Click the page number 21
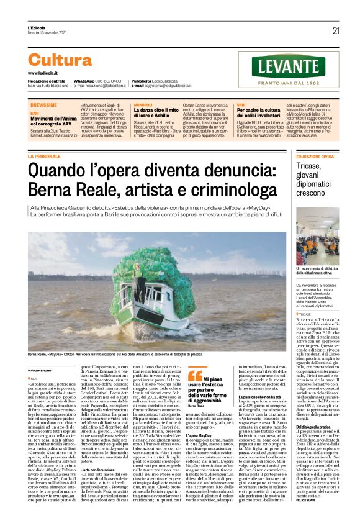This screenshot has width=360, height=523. click(336, 30)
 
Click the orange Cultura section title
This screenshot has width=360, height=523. click(60, 60)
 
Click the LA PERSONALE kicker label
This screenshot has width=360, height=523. click(62, 157)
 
